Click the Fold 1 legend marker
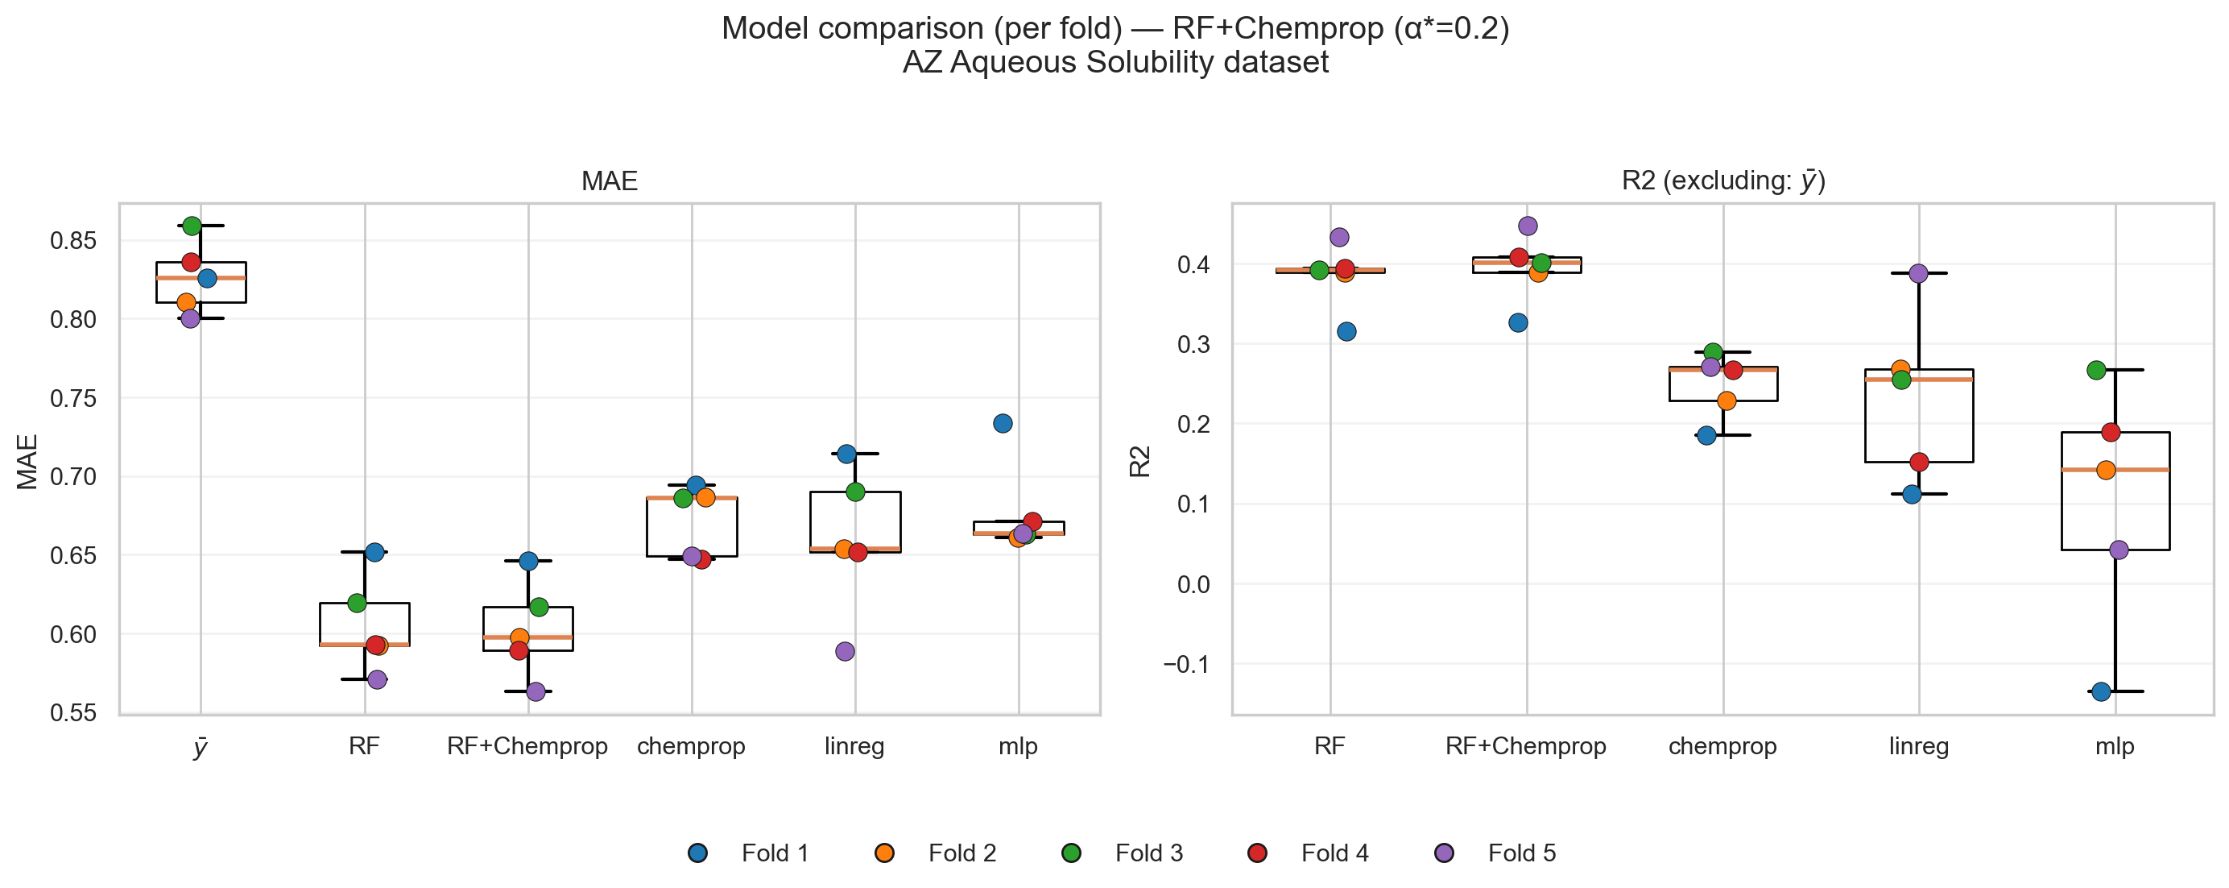click(x=697, y=853)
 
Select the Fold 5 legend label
click(x=1521, y=853)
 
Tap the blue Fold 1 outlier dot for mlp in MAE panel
click(x=1003, y=423)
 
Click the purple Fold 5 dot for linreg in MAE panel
click(x=846, y=652)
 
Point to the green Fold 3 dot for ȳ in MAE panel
click(x=192, y=226)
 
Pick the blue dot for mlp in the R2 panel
click(x=2101, y=691)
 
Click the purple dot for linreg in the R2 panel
click(x=1918, y=273)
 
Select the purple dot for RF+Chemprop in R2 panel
click(x=1528, y=226)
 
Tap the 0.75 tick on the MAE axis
click(x=72, y=398)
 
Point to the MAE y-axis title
click(x=27, y=461)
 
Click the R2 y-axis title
click(x=1140, y=461)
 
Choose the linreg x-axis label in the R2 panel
click(x=1918, y=746)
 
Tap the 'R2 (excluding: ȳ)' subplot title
click(x=1722, y=181)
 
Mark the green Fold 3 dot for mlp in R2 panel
click(x=2096, y=371)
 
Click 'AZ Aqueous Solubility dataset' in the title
click(x=1114, y=63)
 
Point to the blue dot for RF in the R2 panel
click(x=1346, y=331)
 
